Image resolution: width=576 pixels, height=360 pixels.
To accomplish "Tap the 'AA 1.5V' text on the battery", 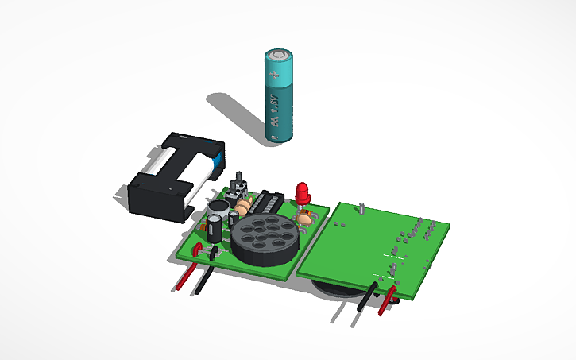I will tap(273, 112).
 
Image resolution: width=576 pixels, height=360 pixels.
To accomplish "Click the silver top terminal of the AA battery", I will tap(279, 53).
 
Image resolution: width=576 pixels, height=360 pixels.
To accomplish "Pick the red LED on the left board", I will tap(303, 192).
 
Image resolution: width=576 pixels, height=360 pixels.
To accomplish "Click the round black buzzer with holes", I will tap(266, 238).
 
